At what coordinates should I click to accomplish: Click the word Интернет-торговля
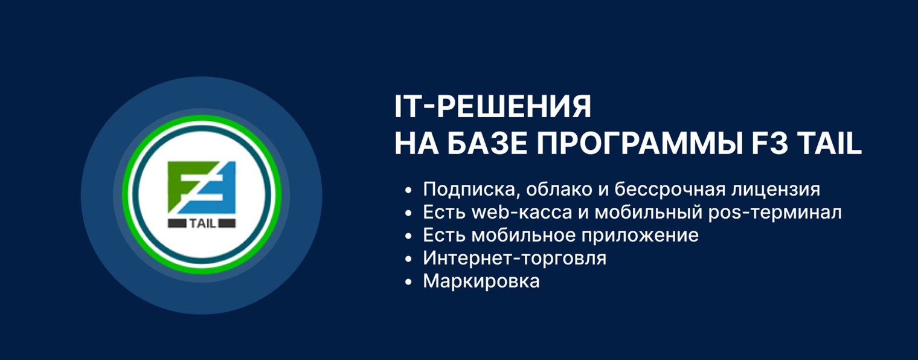(515, 259)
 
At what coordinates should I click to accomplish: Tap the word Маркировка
(481, 281)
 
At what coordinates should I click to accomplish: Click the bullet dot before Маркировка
(409, 282)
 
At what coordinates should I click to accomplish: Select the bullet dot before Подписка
(409, 190)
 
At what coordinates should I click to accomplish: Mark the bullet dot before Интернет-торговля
(409, 259)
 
